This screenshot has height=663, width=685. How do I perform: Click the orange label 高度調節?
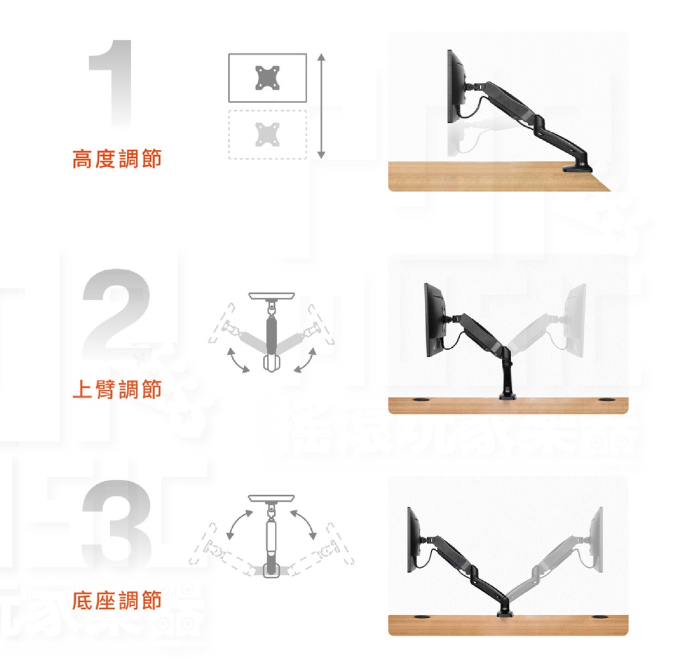116,159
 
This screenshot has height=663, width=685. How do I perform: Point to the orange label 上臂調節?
116,389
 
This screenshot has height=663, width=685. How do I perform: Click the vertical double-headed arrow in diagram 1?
321,106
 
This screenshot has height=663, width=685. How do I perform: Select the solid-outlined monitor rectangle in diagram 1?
268,78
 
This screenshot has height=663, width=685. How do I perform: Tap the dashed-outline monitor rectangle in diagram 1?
268,134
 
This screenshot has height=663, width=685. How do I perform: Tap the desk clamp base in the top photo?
579,167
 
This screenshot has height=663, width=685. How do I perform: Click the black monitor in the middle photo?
434,320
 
